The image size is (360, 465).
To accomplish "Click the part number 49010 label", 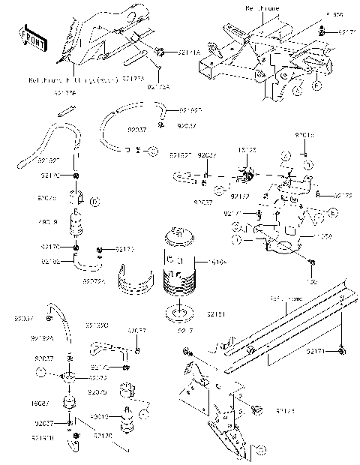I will tap(100, 416).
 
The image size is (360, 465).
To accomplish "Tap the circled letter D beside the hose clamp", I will tap(94, 201).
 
